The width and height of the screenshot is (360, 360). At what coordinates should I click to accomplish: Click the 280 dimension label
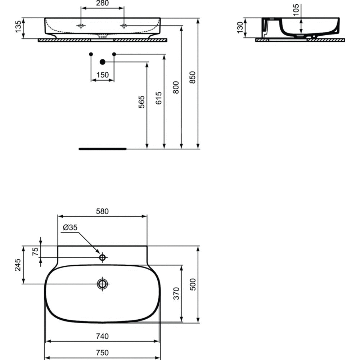click(x=102, y=3)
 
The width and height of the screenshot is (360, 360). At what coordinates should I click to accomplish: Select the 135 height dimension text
click(x=18, y=27)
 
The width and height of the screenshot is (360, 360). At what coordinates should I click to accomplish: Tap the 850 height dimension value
click(x=193, y=77)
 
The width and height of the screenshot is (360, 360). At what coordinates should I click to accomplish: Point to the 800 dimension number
click(x=176, y=87)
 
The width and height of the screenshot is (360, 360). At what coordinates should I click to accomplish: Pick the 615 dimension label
click(x=159, y=98)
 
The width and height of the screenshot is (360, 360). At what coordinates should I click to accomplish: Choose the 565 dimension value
click(x=141, y=102)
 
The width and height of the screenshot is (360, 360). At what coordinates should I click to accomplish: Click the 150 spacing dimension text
click(x=102, y=75)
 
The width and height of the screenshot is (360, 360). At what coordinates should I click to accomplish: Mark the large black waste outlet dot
click(x=102, y=62)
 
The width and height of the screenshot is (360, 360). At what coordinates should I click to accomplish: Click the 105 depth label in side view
click(x=296, y=10)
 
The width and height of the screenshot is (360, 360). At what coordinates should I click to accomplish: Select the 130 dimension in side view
click(x=240, y=28)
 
